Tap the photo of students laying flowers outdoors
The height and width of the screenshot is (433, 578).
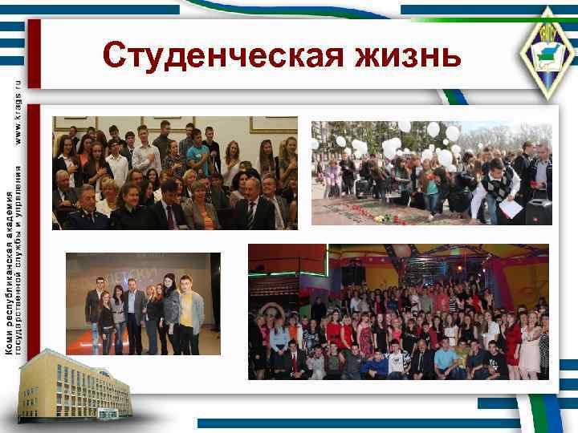pos(431,172)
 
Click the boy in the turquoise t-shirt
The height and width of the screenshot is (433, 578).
pos(197,152)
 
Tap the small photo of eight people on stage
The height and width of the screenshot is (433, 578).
pos(143,303)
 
